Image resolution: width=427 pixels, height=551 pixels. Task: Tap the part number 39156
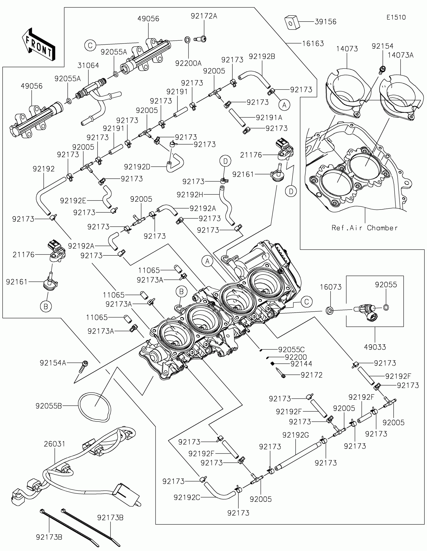tap(326, 22)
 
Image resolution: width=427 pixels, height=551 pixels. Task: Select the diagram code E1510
tap(396, 17)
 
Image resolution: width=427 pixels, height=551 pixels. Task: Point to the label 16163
tap(313, 44)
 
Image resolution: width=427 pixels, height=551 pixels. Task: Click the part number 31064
tap(88, 65)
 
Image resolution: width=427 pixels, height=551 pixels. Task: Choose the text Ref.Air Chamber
tap(364, 228)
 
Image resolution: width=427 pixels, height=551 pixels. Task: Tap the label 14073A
tap(400, 55)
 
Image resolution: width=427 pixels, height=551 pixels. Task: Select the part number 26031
tap(55, 444)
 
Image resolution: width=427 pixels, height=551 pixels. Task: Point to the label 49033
tap(375, 347)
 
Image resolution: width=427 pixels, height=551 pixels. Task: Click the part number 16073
tap(331, 287)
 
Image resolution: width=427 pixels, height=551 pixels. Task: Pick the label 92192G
tap(295, 435)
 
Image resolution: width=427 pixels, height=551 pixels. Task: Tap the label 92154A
tap(53, 363)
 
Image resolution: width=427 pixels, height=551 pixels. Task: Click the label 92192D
tap(137, 167)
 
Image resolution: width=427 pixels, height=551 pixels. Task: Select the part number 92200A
tap(188, 63)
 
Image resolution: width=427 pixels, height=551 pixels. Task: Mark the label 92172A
tap(204, 16)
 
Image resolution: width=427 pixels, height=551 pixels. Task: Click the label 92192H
tap(190, 194)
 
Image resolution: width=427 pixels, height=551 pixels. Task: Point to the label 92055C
tap(291, 350)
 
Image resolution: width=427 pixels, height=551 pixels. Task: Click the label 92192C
tap(187, 497)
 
